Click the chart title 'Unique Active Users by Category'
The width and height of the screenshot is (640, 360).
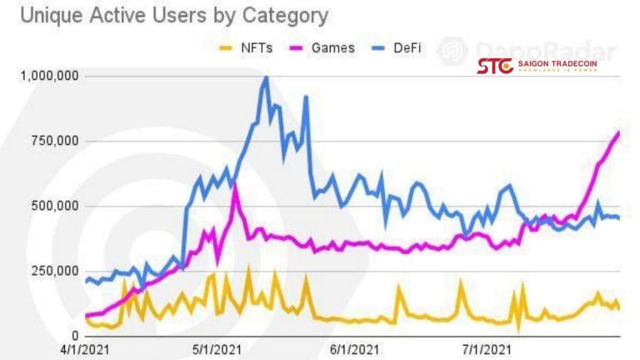point(167,16)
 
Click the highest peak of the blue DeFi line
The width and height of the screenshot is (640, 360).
point(266,77)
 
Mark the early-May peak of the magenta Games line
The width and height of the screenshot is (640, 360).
point(236,184)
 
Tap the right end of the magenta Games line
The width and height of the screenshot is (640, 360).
point(619,132)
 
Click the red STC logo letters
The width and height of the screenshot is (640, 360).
point(495,66)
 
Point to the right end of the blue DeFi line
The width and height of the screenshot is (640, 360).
point(618,217)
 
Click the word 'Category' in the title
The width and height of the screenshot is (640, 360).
point(285,16)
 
